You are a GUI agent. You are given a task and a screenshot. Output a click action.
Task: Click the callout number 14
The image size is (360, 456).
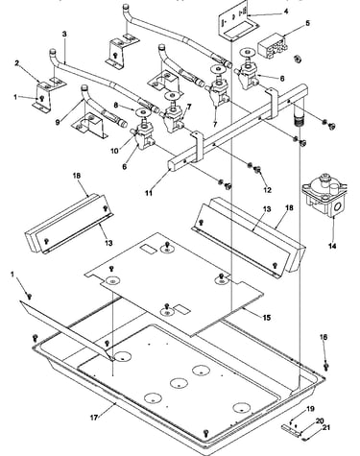click(332, 246)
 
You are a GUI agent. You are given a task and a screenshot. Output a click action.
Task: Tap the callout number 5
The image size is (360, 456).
click(307, 23)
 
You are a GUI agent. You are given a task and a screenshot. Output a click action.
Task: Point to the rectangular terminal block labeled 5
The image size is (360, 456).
click(273, 48)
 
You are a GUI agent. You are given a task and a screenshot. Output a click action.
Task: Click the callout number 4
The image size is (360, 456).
click(285, 12)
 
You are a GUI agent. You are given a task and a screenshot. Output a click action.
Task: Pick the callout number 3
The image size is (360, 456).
click(64, 34)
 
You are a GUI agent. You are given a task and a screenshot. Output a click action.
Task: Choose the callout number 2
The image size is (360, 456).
click(16, 63)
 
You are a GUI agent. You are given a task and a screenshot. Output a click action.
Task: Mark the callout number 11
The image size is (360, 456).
click(149, 193)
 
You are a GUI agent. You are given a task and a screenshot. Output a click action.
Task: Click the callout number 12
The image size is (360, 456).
click(267, 190)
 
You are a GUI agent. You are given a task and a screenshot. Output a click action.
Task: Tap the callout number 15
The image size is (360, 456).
click(267, 318)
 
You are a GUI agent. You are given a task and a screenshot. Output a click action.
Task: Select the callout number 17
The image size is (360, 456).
click(94, 418)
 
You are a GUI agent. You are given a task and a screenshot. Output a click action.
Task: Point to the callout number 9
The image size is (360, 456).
click(58, 122)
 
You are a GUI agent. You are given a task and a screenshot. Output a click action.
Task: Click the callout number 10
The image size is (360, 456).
click(114, 151)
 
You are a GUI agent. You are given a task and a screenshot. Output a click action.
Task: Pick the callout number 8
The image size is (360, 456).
click(115, 105)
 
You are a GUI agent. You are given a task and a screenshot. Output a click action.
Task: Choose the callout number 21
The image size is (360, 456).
click(326, 427)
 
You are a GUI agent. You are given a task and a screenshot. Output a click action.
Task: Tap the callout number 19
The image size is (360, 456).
click(310, 409)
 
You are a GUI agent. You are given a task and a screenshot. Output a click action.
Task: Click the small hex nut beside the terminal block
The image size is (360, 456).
click(298, 59)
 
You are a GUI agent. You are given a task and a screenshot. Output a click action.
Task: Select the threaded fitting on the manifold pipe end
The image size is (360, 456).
click(298, 121)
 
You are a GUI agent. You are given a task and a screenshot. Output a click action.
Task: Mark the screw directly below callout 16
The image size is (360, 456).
click(326, 366)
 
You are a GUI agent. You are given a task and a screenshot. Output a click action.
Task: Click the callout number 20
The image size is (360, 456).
click(320, 421)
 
